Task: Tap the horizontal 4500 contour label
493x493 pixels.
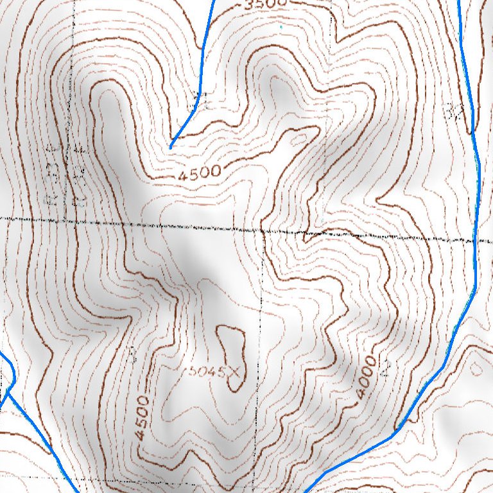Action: [200, 173]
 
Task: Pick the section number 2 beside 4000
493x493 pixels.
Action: [386, 368]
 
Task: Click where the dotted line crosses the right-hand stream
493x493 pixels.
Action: [474, 239]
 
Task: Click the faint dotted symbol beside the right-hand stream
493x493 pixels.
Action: [456, 111]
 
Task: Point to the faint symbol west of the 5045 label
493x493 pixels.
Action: [133, 352]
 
